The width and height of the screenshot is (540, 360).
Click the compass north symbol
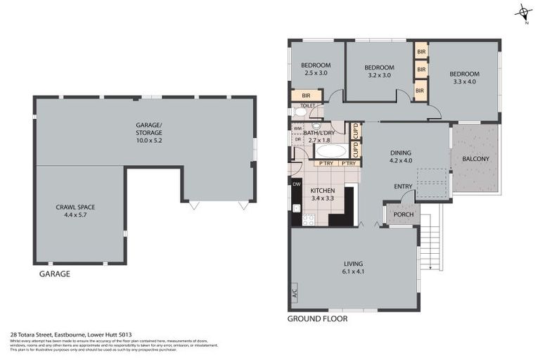click(522, 12)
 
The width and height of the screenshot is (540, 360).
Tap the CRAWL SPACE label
click(75, 207)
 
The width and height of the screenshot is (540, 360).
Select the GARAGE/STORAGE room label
click(148, 129)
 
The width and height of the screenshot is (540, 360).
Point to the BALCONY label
click(475, 159)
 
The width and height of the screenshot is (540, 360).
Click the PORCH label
click(403, 214)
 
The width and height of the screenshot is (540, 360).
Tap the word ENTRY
click(403, 186)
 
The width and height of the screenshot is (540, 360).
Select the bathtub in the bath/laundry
click(330, 150)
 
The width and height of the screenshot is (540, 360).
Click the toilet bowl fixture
click(300, 111)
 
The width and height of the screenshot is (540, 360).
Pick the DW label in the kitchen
click(296, 184)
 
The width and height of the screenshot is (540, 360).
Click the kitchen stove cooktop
click(308, 219)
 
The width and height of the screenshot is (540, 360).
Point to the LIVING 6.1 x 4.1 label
click(354, 268)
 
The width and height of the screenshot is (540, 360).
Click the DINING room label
click(401, 153)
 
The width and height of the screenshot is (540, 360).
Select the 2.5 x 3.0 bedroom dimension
click(316, 73)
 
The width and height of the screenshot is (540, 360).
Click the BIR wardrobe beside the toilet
click(307, 95)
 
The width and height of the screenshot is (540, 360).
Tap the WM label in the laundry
click(297, 128)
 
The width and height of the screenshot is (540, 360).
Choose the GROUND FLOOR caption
click(317, 319)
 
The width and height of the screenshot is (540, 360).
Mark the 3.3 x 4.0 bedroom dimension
click(464, 82)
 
